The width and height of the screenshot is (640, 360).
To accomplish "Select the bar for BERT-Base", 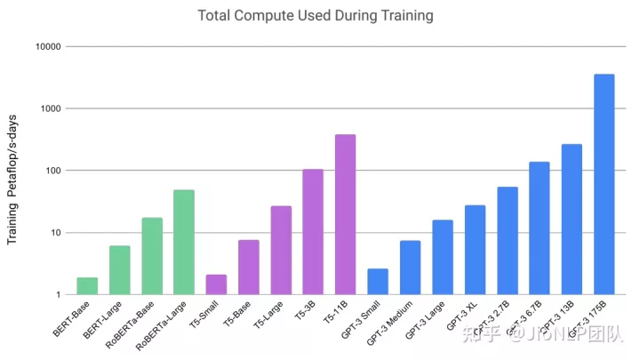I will [x=87, y=286].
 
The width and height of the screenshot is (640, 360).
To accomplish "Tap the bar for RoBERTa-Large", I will [x=184, y=242].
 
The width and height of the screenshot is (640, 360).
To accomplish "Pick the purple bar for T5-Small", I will [x=216, y=284].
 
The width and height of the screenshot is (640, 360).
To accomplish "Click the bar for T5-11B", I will [x=345, y=214].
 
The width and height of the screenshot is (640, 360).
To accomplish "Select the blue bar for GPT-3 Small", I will [x=378, y=281].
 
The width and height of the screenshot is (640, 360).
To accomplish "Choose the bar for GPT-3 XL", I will [x=475, y=250].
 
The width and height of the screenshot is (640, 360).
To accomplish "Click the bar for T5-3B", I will [x=313, y=231].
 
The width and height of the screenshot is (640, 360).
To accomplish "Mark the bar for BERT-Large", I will [x=119, y=270].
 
